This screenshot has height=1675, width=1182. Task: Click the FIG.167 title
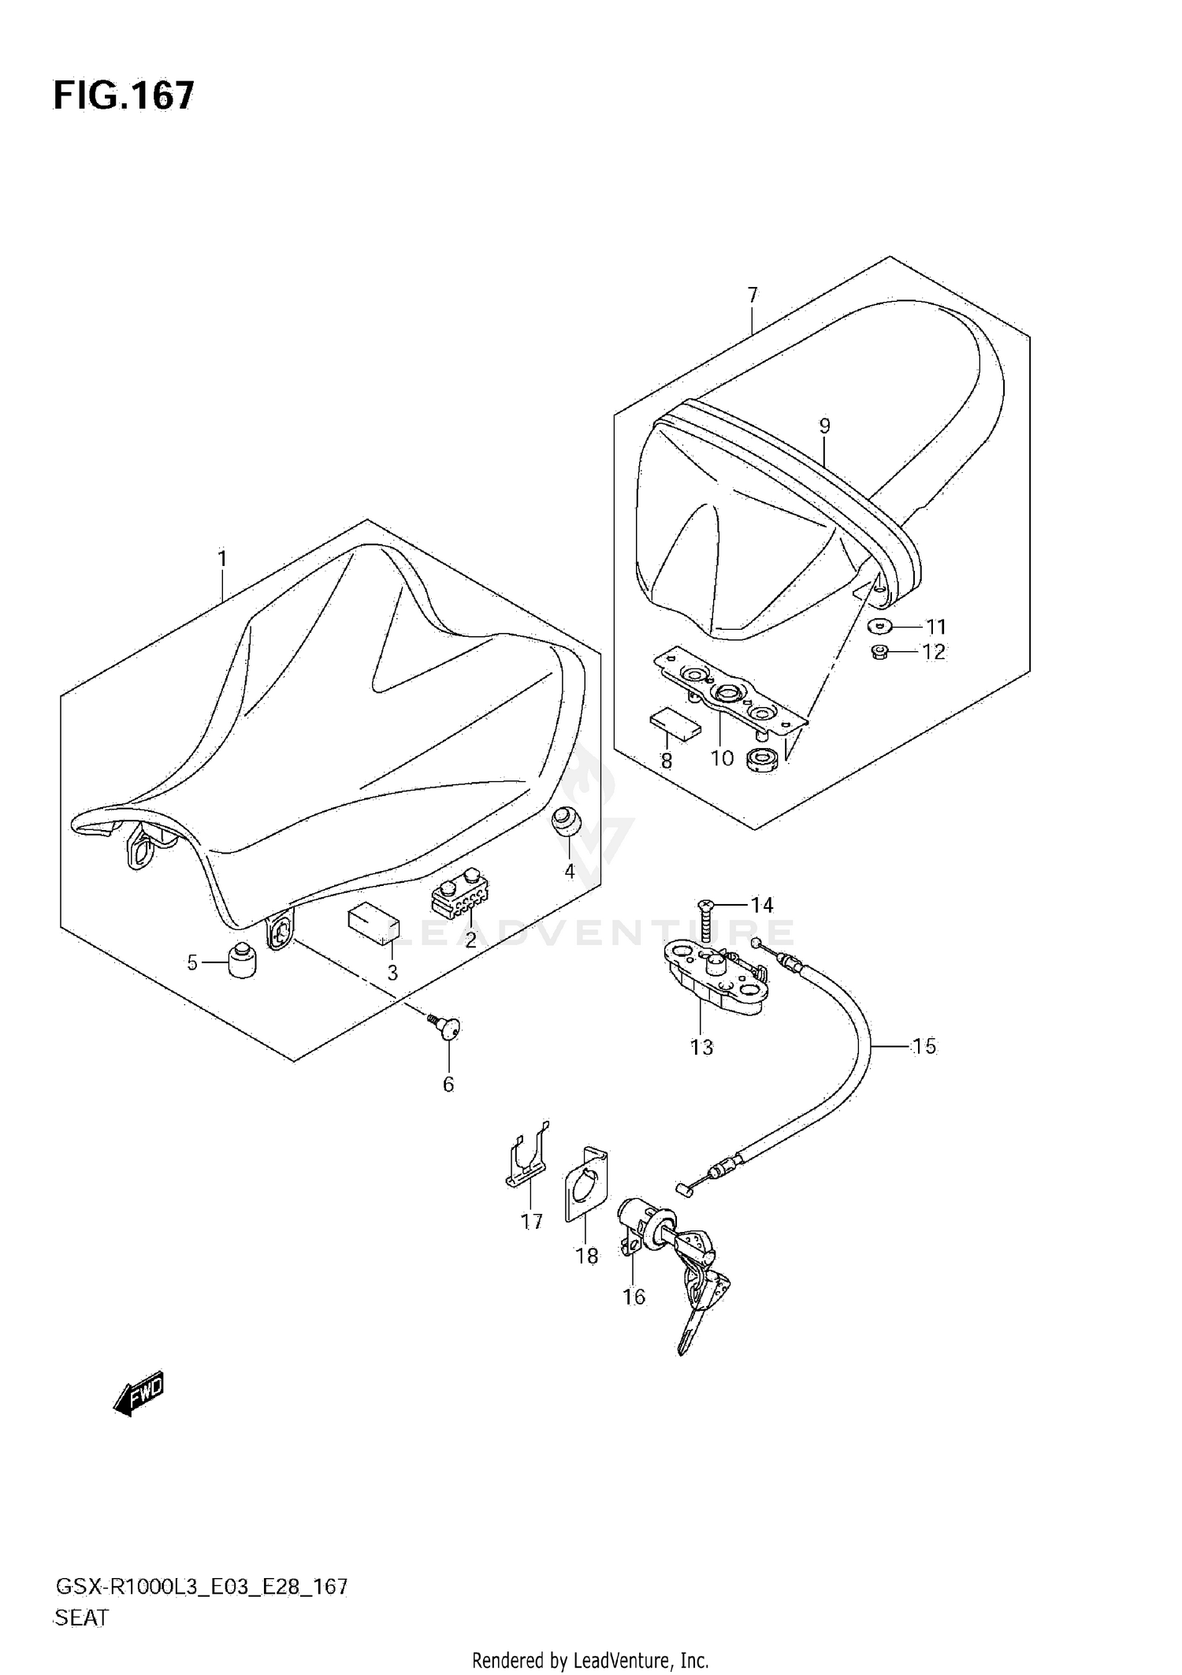tap(123, 96)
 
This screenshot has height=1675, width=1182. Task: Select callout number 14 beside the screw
tap(761, 905)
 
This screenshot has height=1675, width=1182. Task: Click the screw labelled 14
tap(706, 920)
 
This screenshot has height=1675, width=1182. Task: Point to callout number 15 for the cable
tap(924, 1047)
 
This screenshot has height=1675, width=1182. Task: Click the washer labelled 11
tap(878, 627)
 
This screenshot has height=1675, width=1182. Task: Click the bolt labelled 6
tap(448, 1028)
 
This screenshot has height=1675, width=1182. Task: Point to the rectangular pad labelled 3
tap(374, 922)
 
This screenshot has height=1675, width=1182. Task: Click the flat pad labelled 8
tap(675, 726)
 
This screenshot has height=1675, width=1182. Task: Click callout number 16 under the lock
tap(634, 1297)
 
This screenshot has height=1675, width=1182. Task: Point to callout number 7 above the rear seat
tap(753, 295)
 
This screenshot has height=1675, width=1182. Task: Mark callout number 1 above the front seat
tap(222, 559)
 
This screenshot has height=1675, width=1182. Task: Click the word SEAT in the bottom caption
tap(81, 1617)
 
